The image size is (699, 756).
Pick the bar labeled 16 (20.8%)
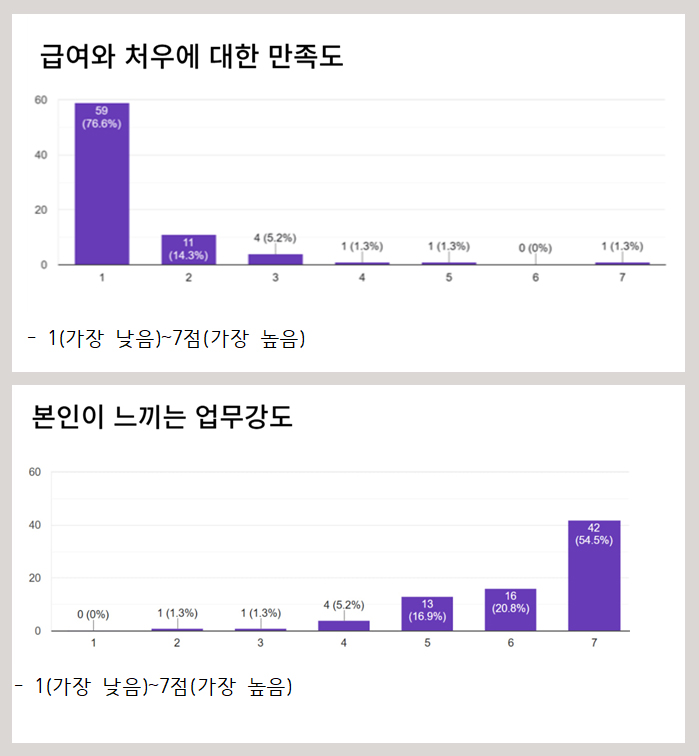click(511, 611)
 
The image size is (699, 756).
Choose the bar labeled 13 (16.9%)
click(427, 615)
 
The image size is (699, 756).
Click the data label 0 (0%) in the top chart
click(536, 247)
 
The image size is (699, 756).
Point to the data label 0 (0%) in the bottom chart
click(93, 613)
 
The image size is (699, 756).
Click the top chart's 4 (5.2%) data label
click(276, 238)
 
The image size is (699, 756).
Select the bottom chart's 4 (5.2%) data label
click(344, 604)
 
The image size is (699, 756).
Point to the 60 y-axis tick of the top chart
click(41, 100)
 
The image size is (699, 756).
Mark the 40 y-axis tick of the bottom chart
click(35, 525)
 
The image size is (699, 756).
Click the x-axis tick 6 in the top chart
click(536, 277)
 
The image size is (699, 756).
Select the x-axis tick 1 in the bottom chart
click(93, 643)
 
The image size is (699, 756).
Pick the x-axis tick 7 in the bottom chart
click(594, 643)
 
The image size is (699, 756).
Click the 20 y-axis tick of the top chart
click(41, 210)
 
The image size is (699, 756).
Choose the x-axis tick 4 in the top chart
click(362, 277)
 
